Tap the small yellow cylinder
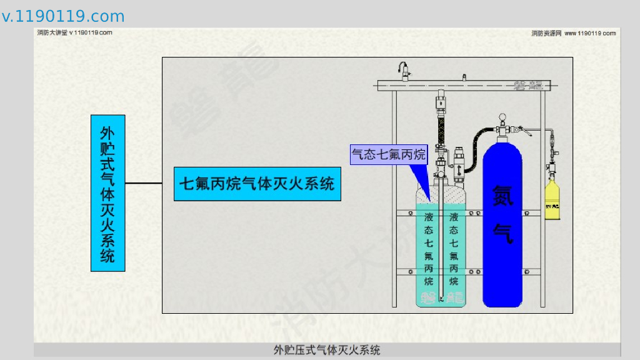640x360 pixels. click(x=552, y=200)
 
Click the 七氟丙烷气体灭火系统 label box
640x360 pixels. click(x=257, y=184)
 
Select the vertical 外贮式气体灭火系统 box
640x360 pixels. click(x=108, y=193)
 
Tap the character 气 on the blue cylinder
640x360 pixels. click(x=502, y=232)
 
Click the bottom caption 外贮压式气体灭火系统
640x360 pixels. click(x=327, y=350)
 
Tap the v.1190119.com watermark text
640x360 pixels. click(x=63, y=16)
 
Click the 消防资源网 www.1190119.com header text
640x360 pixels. click(x=573, y=33)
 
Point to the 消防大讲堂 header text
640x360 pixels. click(x=74, y=32)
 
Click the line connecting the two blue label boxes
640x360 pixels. click(x=149, y=183)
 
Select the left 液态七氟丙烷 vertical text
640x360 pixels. click(x=429, y=249)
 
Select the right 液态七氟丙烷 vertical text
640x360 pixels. click(x=454, y=249)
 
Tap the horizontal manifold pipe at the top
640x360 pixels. click(x=462, y=83)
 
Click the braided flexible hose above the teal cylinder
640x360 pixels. click(x=442, y=127)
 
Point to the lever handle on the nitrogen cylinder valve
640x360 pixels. click(x=527, y=131)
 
